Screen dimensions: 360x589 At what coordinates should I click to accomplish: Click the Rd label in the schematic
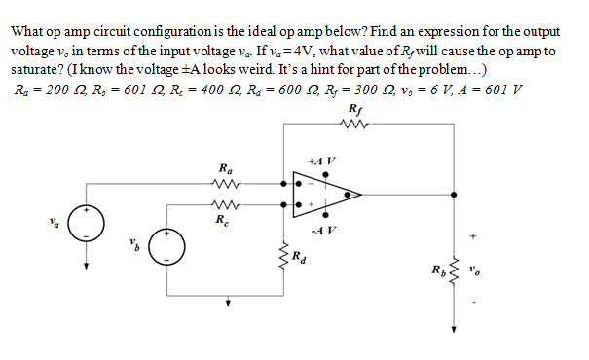tap(299, 258)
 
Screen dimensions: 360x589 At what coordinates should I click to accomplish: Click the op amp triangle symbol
tap(328, 195)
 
